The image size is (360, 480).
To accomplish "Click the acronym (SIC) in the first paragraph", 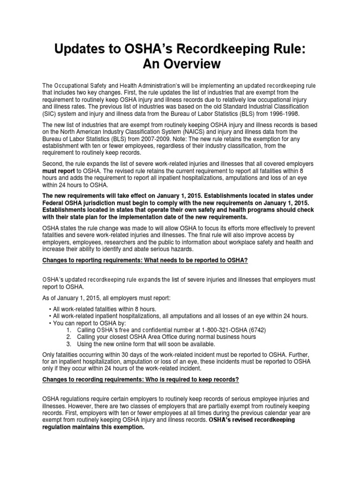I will [49, 113].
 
